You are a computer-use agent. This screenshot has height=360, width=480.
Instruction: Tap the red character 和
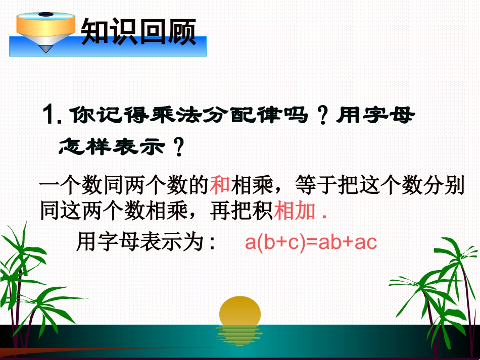(220, 186)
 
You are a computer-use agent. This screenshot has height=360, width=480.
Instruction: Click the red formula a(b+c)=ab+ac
(311, 243)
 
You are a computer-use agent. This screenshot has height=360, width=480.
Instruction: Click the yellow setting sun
(240, 310)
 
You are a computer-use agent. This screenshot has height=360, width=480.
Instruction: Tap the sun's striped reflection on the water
(239, 334)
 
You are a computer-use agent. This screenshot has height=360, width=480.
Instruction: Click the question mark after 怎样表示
(177, 147)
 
